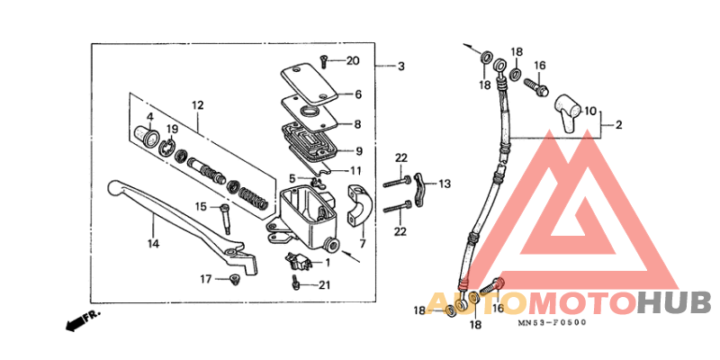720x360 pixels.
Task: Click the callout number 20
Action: [x=353, y=61]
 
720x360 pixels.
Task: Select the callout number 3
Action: [x=401, y=66]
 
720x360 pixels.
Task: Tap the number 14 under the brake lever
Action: [x=154, y=244]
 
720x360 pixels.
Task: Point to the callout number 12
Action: [x=198, y=105]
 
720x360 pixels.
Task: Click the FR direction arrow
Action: [x=81, y=319]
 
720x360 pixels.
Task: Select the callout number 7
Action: [x=363, y=244]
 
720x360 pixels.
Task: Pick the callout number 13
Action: [x=444, y=184]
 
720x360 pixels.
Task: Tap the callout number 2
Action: [x=618, y=126]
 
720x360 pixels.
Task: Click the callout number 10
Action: [x=590, y=112]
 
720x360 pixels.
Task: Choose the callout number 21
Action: [x=325, y=284]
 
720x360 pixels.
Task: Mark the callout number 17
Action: [x=206, y=279]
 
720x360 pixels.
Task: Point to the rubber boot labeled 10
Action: [x=565, y=107]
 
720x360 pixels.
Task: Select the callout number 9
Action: [x=358, y=150]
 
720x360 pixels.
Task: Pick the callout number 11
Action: [x=356, y=170]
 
